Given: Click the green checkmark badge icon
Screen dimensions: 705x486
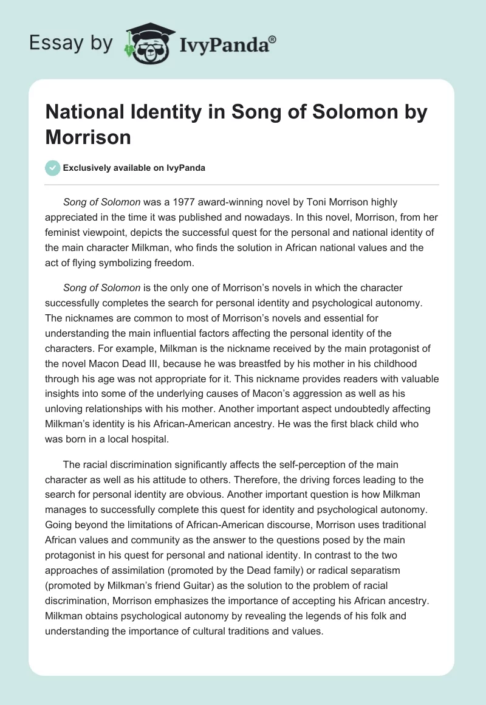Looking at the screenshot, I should coord(52,168).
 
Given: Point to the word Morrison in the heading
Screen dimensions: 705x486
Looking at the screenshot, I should coord(88,137).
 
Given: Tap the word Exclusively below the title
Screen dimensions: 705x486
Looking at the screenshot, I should coord(87,168).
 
